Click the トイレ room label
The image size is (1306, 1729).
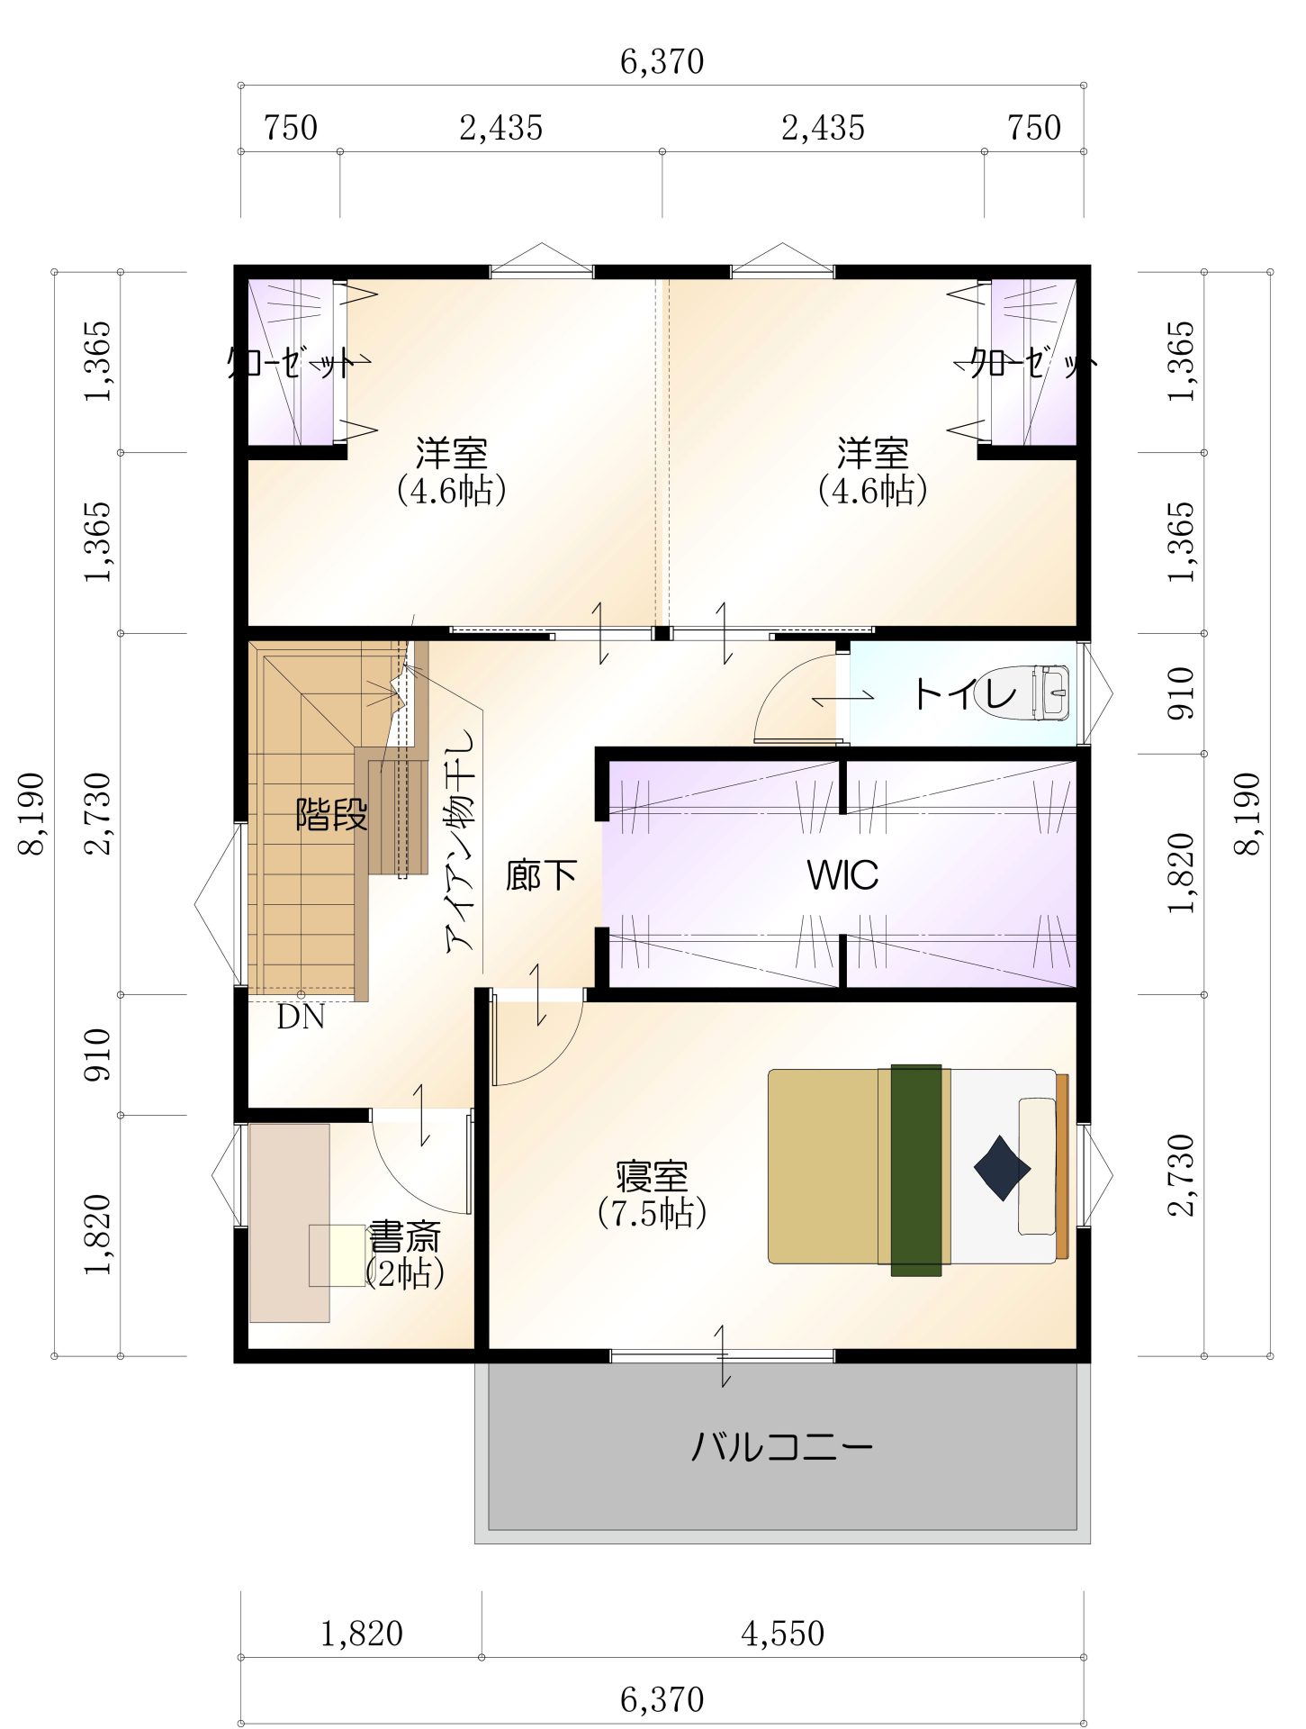(x=965, y=693)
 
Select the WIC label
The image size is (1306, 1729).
(x=842, y=874)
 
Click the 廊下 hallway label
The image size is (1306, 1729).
(x=541, y=874)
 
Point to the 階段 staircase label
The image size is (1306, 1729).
(x=332, y=815)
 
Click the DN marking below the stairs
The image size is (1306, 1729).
(x=301, y=1018)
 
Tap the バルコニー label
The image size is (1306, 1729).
(x=782, y=1448)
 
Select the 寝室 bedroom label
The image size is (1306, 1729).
(x=652, y=1177)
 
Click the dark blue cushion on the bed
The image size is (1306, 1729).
(x=1002, y=1168)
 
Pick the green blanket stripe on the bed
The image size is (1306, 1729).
(x=915, y=1170)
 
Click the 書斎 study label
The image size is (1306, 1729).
(x=405, y=1237)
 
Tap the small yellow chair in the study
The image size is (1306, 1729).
(x=338, y=1255)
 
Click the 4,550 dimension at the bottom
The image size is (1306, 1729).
(x=782, y=1633)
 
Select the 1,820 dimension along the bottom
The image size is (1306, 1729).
(x=362, y=1633)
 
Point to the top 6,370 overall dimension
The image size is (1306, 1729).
(x=662, y=61)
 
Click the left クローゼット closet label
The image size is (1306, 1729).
(x=292, y=363)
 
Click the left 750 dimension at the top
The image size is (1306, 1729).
(x=291, y=128)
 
